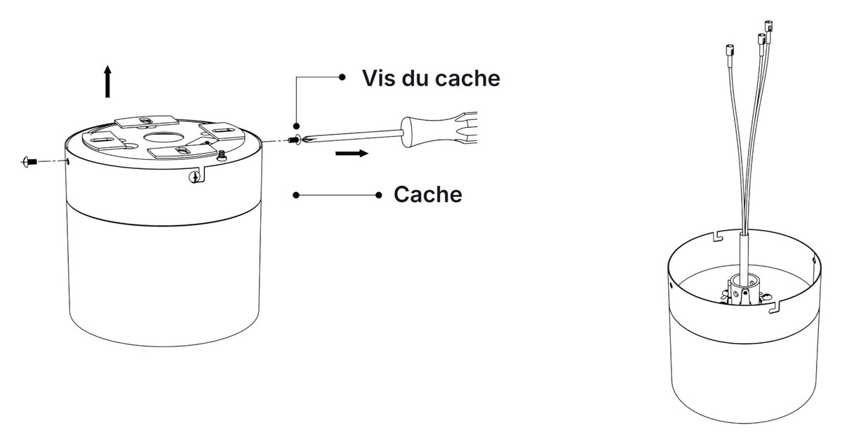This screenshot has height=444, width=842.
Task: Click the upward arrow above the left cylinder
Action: (107, 81)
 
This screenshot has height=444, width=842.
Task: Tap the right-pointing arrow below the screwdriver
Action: (352, 153)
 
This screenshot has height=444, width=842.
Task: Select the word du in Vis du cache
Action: (417, 78)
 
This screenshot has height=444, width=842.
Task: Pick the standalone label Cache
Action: (428, 194)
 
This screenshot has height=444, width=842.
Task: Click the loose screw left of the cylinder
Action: (29, 162)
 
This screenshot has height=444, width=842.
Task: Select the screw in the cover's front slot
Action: (194, 177)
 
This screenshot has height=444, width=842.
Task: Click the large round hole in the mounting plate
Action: (163, 137)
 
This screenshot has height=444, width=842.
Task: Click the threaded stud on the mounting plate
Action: (222, 155)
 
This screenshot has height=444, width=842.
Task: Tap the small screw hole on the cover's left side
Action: (67, 161)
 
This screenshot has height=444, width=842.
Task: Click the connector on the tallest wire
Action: (769, 26)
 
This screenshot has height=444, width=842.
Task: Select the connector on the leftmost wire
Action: (730, 50)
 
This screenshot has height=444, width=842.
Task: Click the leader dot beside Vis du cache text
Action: (342, 77)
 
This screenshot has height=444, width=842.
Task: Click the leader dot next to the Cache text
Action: (378, 195)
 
